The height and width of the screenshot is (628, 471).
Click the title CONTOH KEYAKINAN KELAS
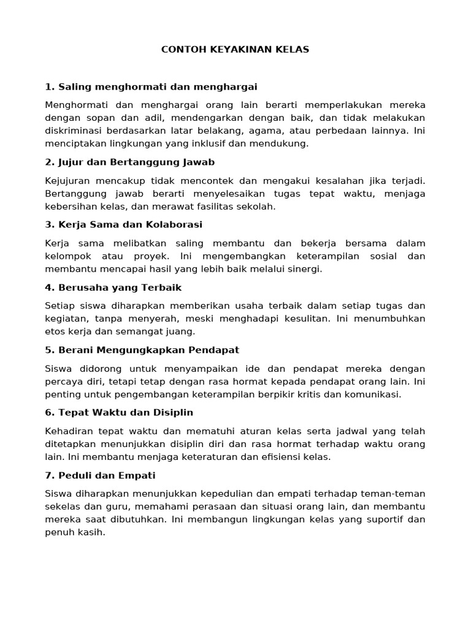pos(235,50)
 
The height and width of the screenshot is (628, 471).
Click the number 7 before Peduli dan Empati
pos(48,475)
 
